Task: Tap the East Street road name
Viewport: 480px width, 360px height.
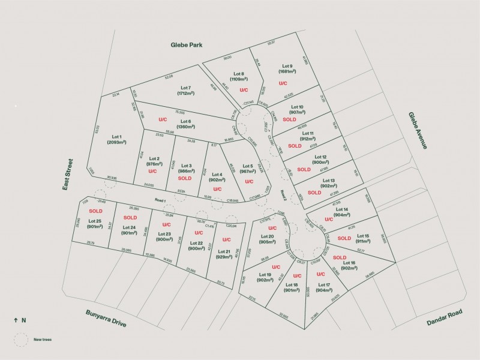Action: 68,175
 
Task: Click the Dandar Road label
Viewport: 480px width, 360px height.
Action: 445,319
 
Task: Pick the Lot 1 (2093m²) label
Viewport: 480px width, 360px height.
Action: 116,140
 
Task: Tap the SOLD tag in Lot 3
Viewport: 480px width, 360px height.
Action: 185,178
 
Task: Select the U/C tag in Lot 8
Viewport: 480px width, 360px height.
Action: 244,89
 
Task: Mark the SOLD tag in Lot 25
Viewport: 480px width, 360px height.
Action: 96,211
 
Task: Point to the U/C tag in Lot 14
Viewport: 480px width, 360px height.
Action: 329,220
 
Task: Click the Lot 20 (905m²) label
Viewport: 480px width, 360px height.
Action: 268,239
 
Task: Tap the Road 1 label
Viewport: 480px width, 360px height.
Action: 160,200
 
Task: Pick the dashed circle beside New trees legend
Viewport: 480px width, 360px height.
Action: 22,339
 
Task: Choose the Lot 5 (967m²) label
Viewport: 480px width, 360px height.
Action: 247,169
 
